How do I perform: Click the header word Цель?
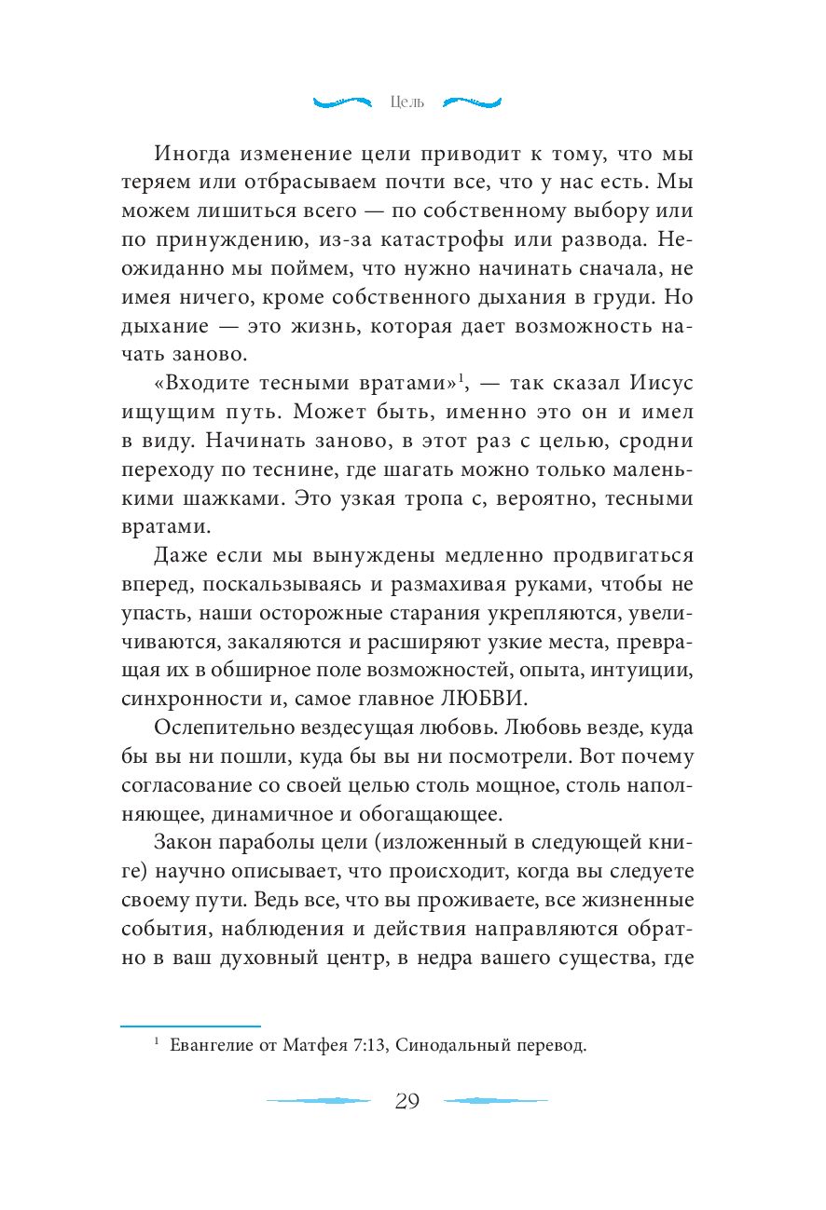tap(406, 102)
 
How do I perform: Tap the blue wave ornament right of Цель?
tap(472, 101)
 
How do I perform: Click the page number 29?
tap(407, 1101)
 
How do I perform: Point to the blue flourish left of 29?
tap(318, 1101)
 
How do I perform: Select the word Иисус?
tap(656, 384)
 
